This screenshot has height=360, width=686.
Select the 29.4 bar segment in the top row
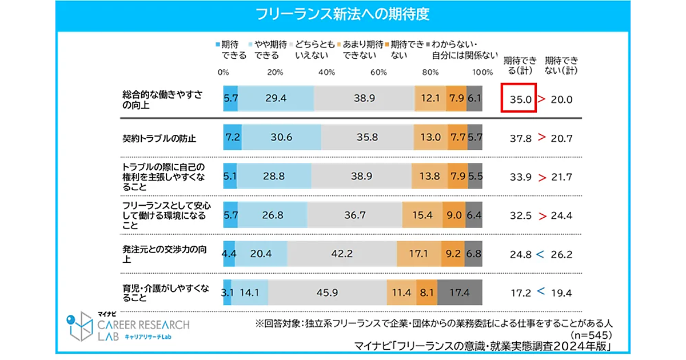pos(276,98)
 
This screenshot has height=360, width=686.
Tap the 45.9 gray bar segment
pos(327,292)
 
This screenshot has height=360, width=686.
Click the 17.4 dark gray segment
pos(460,292)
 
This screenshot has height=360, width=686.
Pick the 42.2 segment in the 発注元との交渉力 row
pos(342,253)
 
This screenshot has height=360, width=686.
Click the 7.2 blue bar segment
pos(232,137)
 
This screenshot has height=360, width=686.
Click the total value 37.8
pos(521,138)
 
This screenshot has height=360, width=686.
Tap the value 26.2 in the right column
pos(561,254)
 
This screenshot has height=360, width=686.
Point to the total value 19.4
pos(561,293)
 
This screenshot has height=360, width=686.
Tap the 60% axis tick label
pos(378,73)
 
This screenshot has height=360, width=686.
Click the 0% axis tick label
pos(224,73)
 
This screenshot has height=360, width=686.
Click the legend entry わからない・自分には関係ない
pos(464,50)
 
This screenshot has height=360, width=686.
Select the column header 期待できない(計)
pos(561,65)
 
